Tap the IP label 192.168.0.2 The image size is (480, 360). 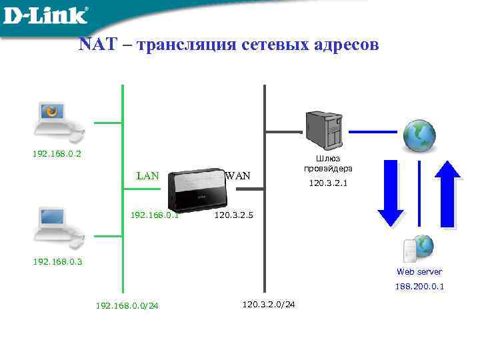click(x=57, y=154)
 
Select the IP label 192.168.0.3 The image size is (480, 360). click(x=57, y=261)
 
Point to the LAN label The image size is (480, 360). click(x=147, y=176)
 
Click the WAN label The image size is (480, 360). click(x=238, y=176)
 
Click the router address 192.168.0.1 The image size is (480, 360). click(x=154, y=215)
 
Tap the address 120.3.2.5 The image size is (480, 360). click(x=233, y=215)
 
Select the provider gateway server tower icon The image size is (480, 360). click(x=324, y=129)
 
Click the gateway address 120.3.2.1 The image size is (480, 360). click(x=328, y=182)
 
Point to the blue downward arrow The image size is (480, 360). click(x=391, y=193)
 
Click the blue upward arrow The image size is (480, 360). click(x=447, y=193)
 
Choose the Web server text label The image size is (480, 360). click(x=419, y=271)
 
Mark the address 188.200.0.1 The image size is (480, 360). click(x=419, y=287)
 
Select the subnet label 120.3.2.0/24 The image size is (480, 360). click(x=269, y=304)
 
